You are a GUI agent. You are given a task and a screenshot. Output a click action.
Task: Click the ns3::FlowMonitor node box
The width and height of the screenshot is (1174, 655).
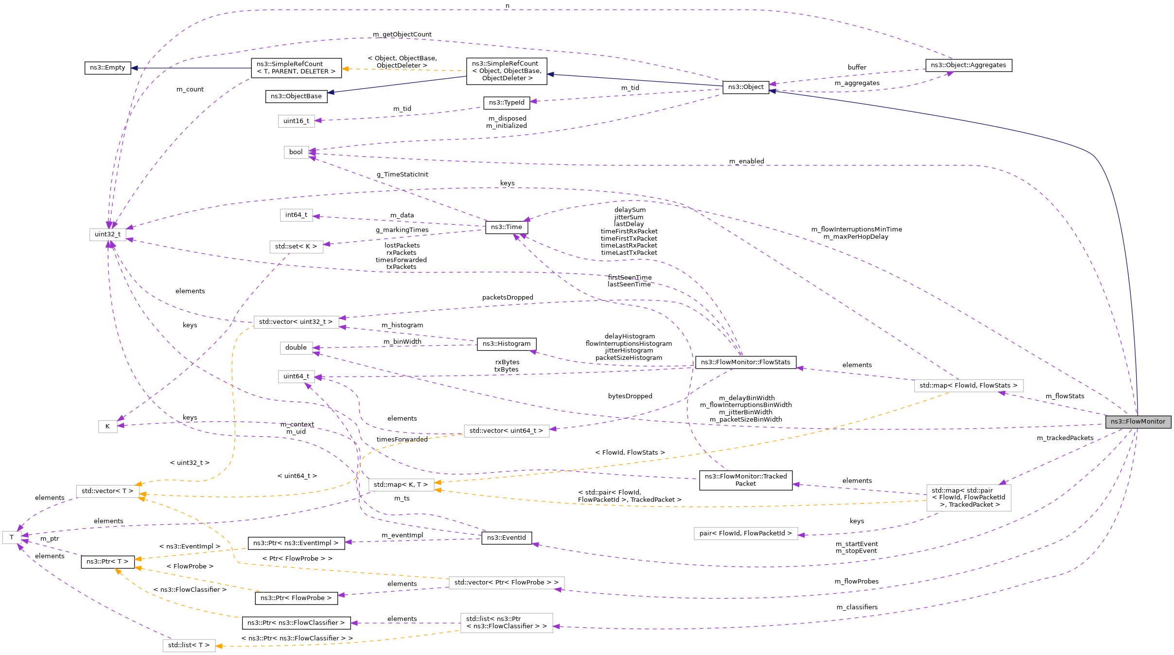(x=1138, y=422)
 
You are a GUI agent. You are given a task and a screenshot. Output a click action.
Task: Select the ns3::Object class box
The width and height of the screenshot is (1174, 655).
(x=746, y=87)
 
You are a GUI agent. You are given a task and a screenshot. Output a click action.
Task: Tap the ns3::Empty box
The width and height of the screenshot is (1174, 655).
(x=107, y=68)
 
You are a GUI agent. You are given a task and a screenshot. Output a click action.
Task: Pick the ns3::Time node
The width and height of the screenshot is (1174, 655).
(x=506, y=227)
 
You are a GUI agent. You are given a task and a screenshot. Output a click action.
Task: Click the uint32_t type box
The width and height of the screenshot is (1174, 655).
(x=107, y=234)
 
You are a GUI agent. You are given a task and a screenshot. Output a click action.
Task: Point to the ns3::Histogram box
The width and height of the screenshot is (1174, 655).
(x=506, y=344)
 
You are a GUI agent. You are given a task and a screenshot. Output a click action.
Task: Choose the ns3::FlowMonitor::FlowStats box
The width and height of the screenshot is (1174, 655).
(x=745, y=362)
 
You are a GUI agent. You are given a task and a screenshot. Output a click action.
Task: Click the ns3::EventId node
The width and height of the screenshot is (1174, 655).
(x=506, y=538)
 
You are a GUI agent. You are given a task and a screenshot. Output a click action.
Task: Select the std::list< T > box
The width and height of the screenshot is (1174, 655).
(x=189, y=645)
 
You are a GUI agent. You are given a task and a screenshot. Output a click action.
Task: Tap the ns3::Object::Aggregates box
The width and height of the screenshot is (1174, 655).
(x=968, y=65)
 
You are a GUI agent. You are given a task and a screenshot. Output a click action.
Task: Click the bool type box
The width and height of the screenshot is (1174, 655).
(x=296, y=152)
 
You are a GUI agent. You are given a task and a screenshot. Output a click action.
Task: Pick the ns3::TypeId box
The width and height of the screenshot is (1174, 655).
(x=506, y=103)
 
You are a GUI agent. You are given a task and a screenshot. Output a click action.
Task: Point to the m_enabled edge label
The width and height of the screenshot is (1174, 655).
(x=746, y=161)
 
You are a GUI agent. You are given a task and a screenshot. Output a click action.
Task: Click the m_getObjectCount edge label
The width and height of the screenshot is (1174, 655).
(x=402, y=35)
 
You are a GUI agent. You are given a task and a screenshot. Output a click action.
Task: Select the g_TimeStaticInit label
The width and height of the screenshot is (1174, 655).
(x=402, y=175)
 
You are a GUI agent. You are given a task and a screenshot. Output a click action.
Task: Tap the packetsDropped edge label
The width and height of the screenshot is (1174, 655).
(x=508, y=298)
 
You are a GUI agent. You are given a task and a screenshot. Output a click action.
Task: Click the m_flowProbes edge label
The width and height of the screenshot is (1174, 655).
(x=857, y=582)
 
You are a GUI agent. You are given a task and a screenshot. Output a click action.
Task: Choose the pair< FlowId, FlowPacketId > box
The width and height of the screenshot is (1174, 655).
(x=745, y=533)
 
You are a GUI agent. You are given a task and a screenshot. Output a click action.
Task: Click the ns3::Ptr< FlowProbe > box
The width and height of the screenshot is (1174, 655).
(x=296, y=598)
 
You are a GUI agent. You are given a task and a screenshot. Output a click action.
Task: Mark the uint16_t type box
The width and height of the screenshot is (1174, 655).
(x=296, y=121)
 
